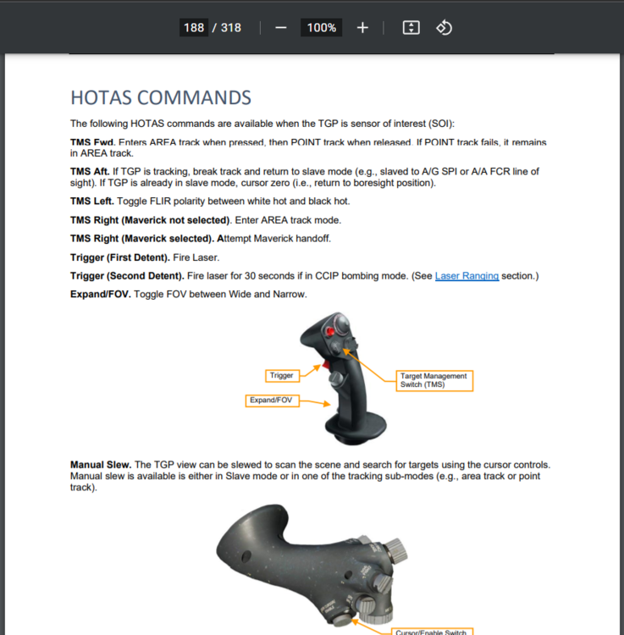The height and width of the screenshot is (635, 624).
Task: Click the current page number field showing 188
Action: (194, 28)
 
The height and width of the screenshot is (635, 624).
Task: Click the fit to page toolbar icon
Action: (411, 28)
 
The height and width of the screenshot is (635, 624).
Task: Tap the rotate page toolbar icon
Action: (444, 28)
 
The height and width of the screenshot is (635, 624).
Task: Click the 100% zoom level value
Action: (322, 28)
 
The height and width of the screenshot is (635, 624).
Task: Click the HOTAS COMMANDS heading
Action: (160, 98)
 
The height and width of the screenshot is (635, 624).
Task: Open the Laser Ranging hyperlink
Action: (467, 276)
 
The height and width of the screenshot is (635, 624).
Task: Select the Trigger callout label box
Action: (281, 375)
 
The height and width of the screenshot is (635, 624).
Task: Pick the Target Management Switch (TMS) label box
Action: (434, 380)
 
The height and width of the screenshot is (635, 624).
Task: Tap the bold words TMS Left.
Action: (91, 202)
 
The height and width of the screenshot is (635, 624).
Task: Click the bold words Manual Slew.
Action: (100, 465)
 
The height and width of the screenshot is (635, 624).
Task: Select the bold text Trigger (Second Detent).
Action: (127, 276)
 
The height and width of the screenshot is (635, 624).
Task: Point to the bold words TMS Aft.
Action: (90, 171)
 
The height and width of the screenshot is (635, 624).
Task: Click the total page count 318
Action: (230, 28)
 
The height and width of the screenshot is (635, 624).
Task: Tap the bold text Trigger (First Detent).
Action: (119, 257)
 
